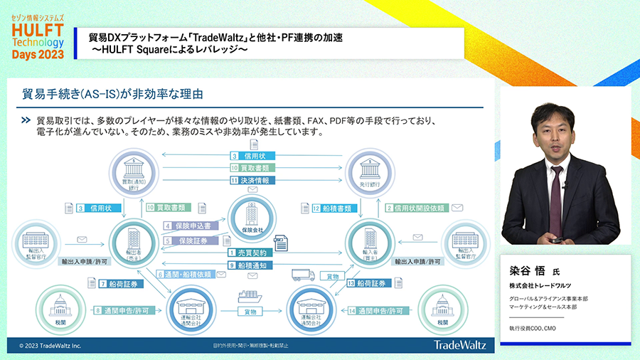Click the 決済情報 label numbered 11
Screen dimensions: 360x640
tap(250, 181)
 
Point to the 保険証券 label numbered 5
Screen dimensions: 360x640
tap(188, 240)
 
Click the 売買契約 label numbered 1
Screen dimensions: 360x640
tap(248, 253)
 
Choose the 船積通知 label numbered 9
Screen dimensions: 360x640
tap(248, 265)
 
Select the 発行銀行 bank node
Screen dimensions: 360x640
tap(370, 170)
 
